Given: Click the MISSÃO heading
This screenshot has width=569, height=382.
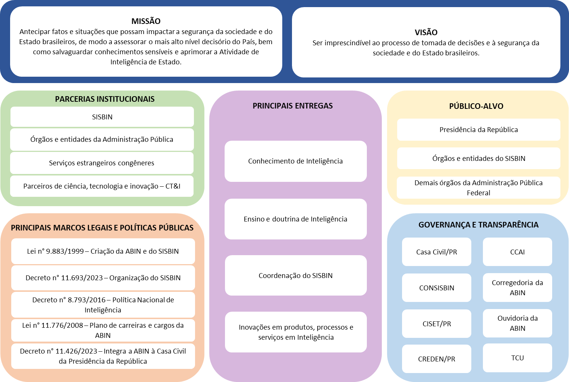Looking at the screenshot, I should click(x=146, y=21).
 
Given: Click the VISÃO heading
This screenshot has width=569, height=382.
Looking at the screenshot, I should click(x=426, y=33).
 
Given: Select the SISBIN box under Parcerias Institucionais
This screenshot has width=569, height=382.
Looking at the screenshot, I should click(x=102, y=117).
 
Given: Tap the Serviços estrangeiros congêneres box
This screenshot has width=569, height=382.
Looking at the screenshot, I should click(x=102, y=163).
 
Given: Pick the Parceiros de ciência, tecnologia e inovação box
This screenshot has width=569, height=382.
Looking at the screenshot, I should click(x=102, y=186).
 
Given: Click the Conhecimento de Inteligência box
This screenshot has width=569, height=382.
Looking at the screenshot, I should click(x=295, y=161).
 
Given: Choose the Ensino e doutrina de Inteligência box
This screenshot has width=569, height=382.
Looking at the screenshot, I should click(x=295, y=219).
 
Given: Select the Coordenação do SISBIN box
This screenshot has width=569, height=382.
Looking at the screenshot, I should click(x=295, y=276).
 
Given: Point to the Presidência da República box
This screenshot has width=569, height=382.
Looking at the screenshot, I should click(x=478, y=130).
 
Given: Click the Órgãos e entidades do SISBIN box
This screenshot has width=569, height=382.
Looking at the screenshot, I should click(x=478, y=159).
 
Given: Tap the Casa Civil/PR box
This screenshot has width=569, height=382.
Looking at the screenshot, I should click(x=436, y=252).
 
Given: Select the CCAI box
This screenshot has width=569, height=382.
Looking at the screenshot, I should click(x=517, y=252).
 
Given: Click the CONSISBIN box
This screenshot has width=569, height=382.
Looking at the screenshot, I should click(x=436, y=288).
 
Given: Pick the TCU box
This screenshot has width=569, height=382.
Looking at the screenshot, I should click(x=517, y=358).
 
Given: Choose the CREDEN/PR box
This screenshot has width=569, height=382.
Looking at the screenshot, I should click(x=436, y=359).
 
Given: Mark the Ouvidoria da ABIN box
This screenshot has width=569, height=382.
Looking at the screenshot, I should click(x=517, y=323).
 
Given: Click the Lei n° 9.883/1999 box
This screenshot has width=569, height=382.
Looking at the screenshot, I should click(x=103, y=251).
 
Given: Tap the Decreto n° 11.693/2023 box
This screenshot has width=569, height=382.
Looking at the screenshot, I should click(x=103, y=278).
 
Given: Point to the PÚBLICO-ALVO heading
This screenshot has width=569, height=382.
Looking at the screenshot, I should click(x=476, y=106).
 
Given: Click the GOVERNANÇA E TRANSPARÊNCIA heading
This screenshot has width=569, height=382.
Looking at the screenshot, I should click(x=478, y=225).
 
